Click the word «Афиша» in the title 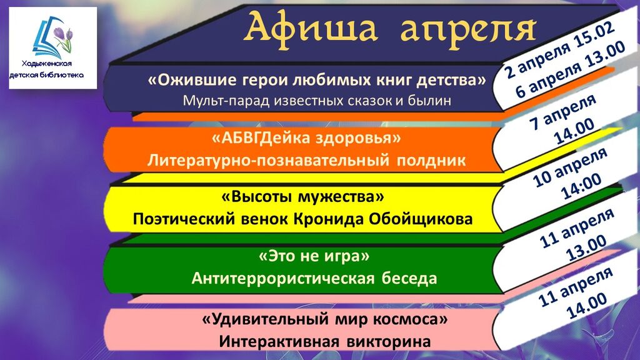(311, 27)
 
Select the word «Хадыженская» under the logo (47, 63)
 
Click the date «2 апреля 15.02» (560, 51)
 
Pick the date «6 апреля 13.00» (570, 70)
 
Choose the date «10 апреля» (570, 167)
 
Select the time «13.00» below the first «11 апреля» (587, 248)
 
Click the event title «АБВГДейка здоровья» (306, 138)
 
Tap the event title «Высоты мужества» (302, 197)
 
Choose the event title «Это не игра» (314, 256)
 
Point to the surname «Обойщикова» (421, 219)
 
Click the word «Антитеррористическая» (283, 278)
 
